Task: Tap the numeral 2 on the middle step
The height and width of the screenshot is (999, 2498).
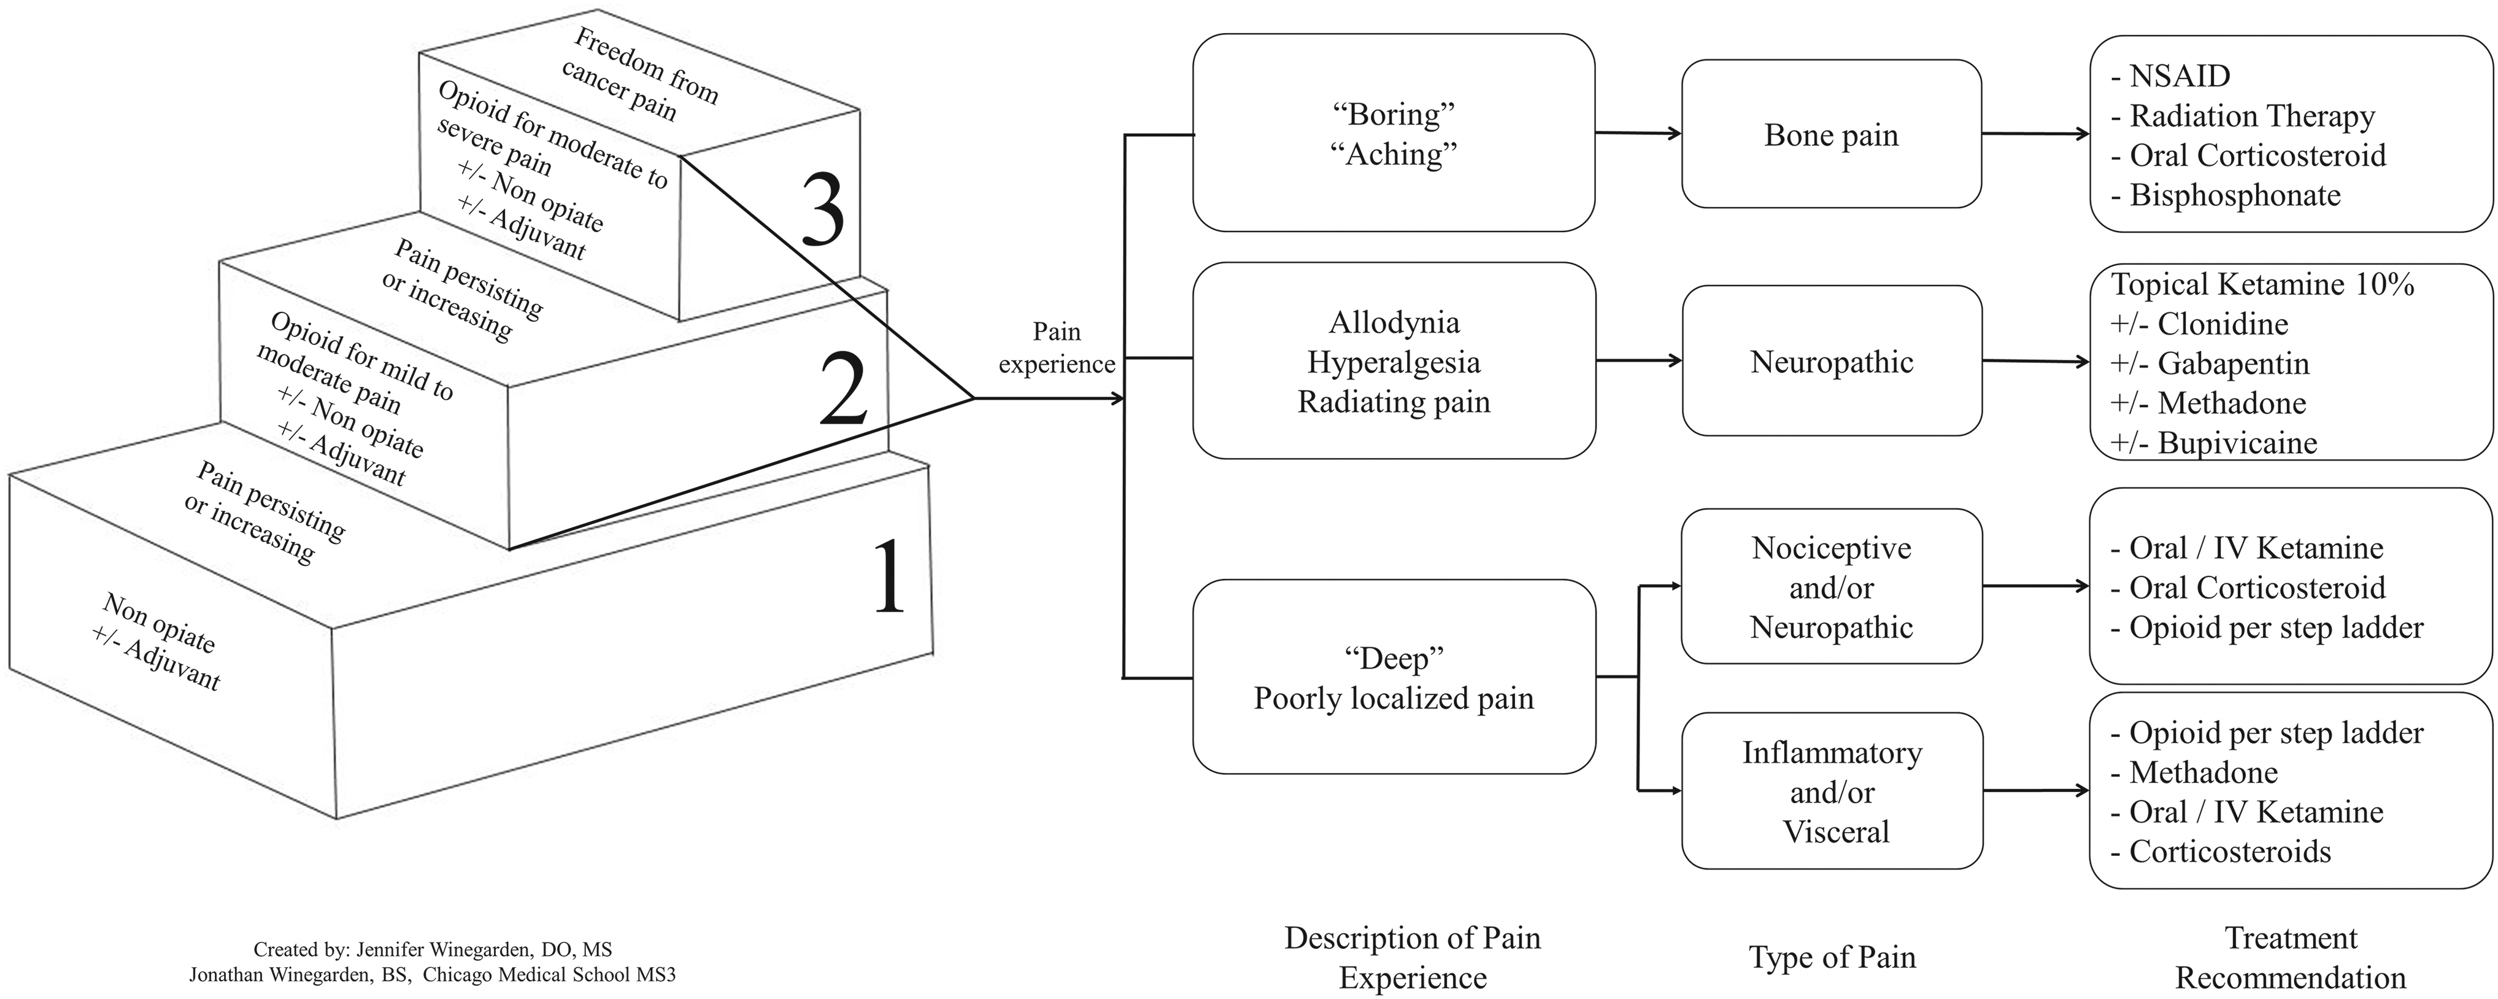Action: click(842, 388)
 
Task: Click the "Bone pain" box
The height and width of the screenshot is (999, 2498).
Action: click(1831, 134)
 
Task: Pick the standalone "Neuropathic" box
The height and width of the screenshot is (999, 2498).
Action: click(1831, 361)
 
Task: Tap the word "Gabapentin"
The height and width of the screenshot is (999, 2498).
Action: click(2234, 363)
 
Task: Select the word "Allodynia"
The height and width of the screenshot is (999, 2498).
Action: click(1394, 322)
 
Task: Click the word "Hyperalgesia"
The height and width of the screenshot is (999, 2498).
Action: click(1394, 362)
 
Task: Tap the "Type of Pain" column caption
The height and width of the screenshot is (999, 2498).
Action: click(1832, 957)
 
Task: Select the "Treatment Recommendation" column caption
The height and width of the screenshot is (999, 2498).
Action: click(2291, 957)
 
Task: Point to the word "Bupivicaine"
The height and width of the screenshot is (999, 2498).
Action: click(2237, 443)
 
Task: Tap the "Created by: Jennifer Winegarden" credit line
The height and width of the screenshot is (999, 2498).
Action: click(433, 949)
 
